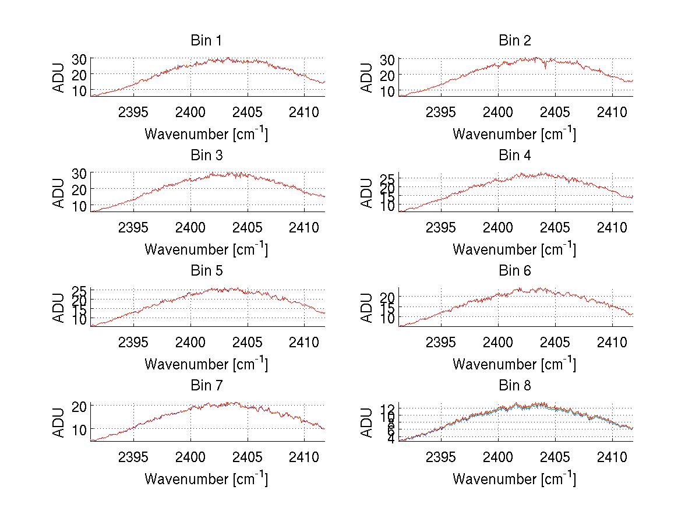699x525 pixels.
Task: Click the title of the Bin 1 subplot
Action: [x=206, y=40]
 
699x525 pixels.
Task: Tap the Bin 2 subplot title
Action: [x=515, y=40]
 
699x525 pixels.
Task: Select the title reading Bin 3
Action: [x=206, y=156]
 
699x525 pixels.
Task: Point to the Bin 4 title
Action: [x=515, y=156]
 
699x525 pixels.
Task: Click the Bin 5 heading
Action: [x=206, y=270]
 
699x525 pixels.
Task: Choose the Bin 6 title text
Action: [x=515, y=270]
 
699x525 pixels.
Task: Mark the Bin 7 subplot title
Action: [x=206, y=385]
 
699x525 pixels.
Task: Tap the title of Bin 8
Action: [x=515, y=385]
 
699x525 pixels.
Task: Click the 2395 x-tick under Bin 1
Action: [x=133, y=112]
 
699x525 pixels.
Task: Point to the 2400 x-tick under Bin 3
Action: [x=190, y=227]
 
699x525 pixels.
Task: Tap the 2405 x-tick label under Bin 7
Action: [x=248, y=457]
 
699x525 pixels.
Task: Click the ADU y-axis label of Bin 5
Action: [x=59, y=308]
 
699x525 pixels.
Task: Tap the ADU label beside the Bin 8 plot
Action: [x=366, y=422]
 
